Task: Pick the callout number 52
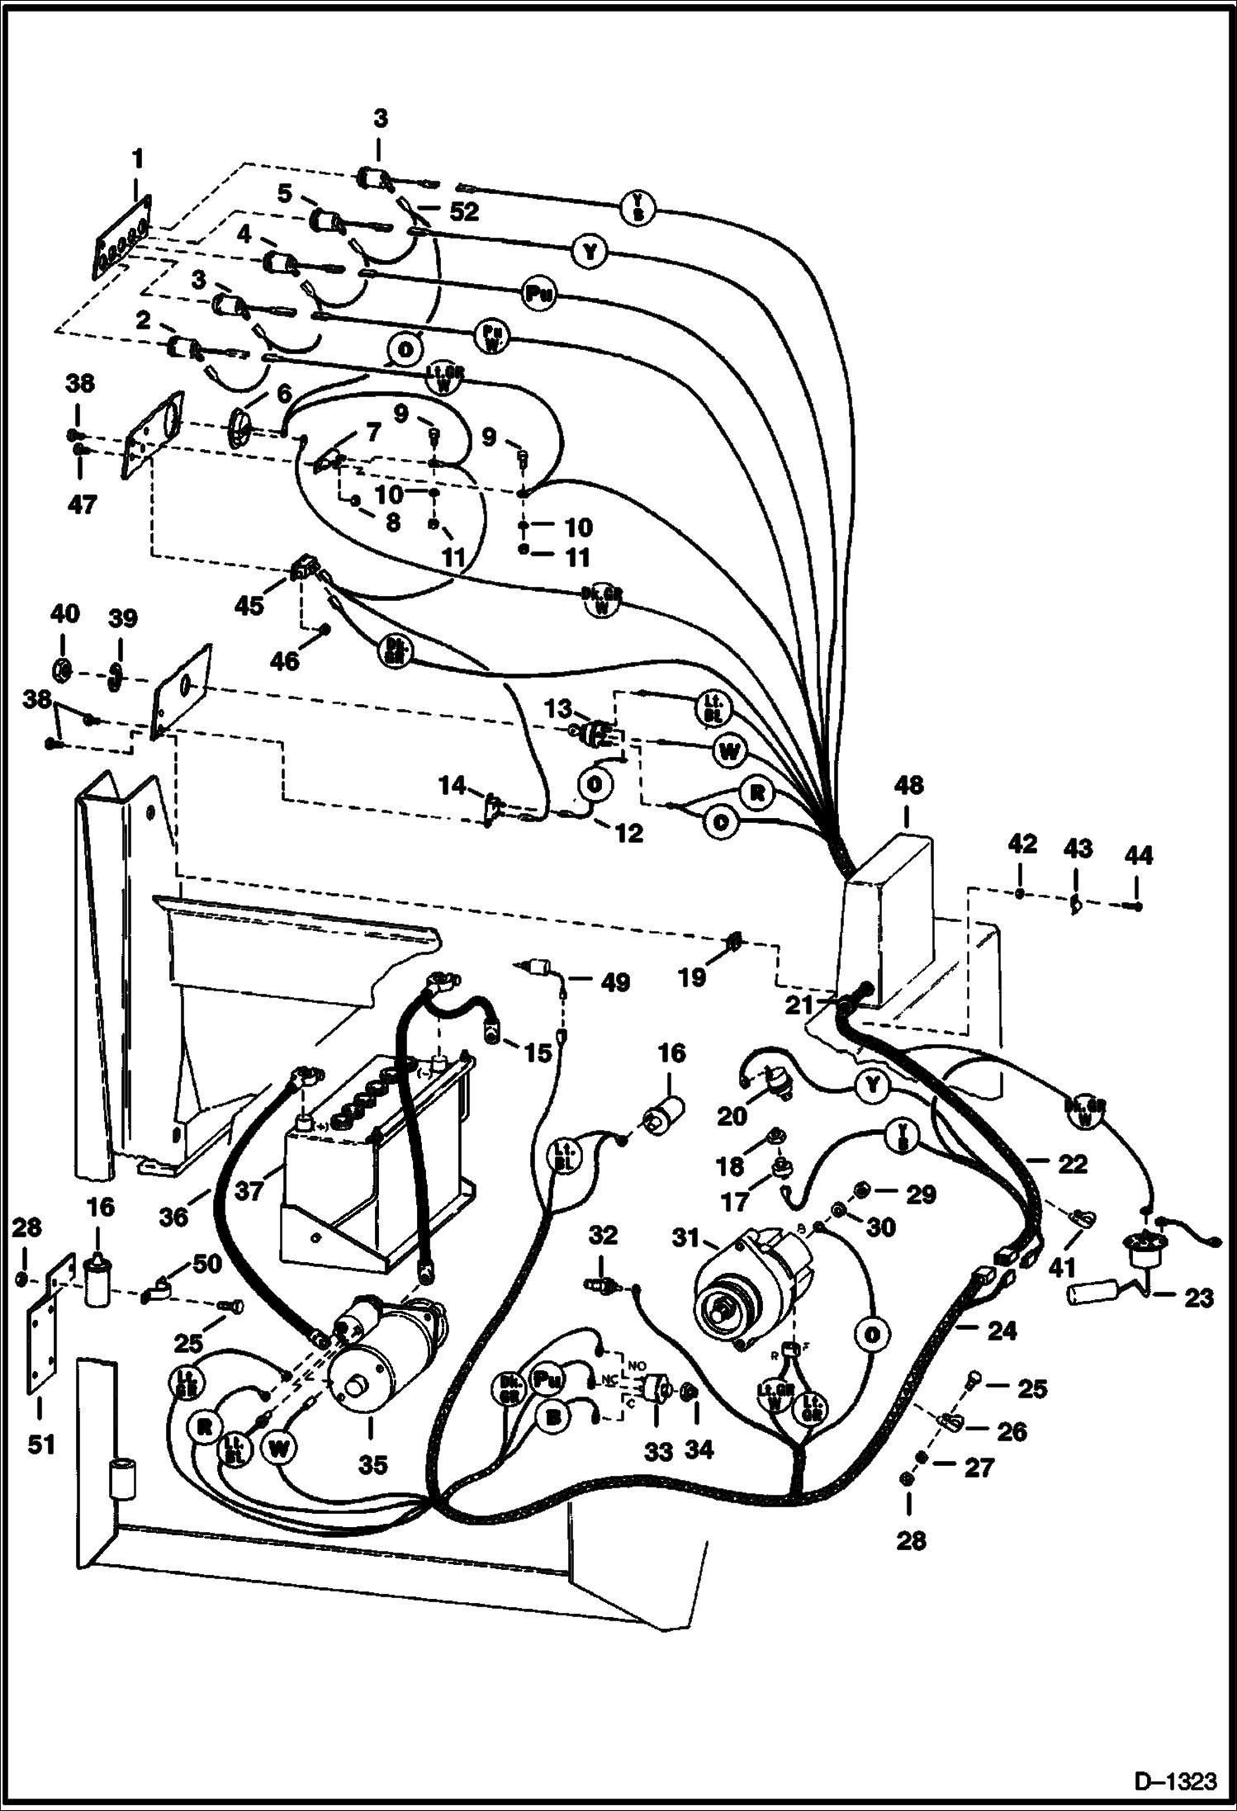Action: point(464,211)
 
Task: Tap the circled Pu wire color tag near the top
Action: point(539,295)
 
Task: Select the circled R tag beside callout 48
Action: point(756,795)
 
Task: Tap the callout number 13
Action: point(558,708)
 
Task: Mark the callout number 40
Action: point(65,613)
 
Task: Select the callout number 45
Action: point(249,605)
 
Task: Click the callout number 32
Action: point(604,1235)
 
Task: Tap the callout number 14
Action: point(453,785)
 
